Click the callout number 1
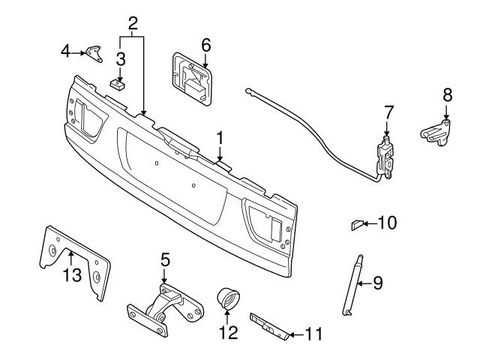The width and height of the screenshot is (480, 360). [x=220, y=138]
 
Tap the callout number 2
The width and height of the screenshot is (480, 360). [x=133, y=22]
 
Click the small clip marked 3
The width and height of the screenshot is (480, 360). [x=116, y=84]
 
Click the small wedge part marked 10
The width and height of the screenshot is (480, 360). [x=358, y=223]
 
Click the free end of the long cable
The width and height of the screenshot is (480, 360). [x=247, y=91]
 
